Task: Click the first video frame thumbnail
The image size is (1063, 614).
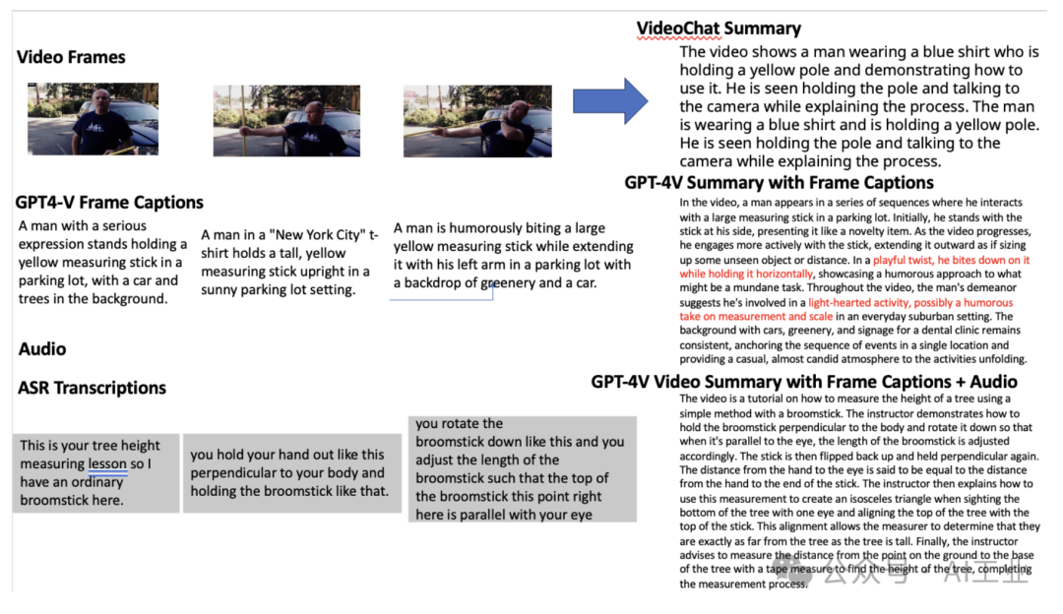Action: click(x=93, y=119)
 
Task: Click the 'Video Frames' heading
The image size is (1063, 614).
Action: click(x=71, y=57)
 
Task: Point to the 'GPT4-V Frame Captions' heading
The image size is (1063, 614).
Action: click(x=109, y=203)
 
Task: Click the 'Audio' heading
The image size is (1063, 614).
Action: click(x=42, y=349)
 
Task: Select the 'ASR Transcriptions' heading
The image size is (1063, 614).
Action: click(x=92, y=388)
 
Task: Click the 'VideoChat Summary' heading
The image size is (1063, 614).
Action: click(x=719, y=29)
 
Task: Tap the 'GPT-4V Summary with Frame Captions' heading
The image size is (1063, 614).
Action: click(x=779, y=182)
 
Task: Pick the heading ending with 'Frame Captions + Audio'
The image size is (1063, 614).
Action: click(x=804, y=382)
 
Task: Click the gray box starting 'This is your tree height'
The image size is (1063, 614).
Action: click(x=95, y=472)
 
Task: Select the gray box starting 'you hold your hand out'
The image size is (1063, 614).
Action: click(x=291, y=472)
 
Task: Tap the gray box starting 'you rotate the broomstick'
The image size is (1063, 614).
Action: click(x=522, y=468)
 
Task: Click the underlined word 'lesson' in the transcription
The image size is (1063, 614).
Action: click(x=107, y=463)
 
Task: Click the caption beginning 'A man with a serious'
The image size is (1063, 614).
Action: click(x=101, y=262)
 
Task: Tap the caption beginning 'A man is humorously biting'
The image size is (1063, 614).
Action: click(x=513, y=256)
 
